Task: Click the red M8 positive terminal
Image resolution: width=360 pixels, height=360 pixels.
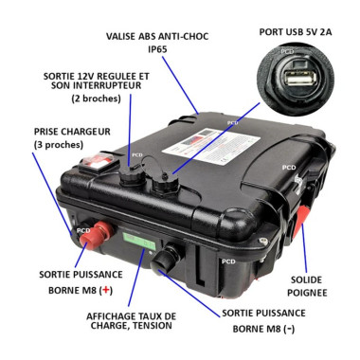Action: point(95,240)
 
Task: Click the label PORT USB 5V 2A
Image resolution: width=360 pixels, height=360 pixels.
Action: point(296,30)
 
